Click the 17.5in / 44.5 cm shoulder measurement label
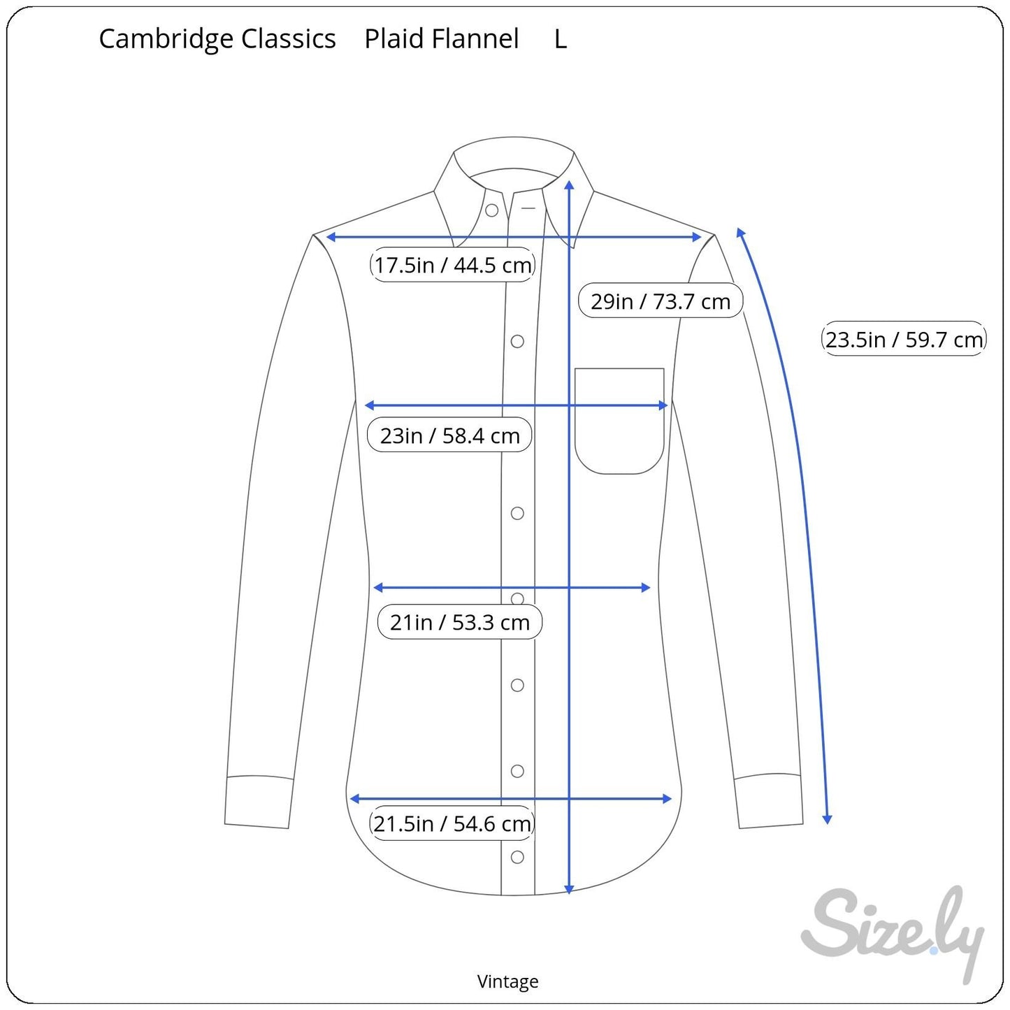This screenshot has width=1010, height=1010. (x=452, y=265)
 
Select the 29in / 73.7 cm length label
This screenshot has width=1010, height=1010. (x=661, y=301)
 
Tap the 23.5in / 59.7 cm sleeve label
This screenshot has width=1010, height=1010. (x=904, y=339)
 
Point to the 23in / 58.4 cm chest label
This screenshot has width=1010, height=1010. (x=449, y=435)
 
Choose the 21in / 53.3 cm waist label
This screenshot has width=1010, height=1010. (x=460, y=621)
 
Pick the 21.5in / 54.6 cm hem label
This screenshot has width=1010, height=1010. (x=452, y=823)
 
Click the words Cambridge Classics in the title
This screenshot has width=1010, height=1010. (x=217, y=38)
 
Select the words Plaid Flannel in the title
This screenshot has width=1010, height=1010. (x=442, y=38)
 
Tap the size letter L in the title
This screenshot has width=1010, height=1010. (x=561, y=39)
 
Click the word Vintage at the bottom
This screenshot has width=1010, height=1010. (x=507, y=981)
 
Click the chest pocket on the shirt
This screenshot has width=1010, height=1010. (x=619, y=421)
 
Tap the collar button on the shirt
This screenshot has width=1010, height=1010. (x=491, y=210)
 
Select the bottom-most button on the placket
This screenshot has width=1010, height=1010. (x=517, y=857)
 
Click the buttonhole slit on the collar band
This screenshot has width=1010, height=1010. (x=528, y=208)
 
